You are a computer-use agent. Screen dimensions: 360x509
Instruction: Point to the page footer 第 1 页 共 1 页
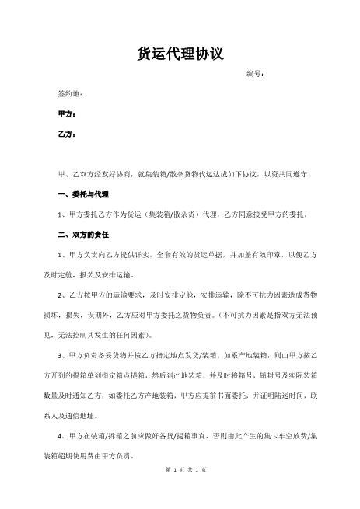point(180,469)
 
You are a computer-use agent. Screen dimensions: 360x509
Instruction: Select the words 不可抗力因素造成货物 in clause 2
point(277,295)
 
